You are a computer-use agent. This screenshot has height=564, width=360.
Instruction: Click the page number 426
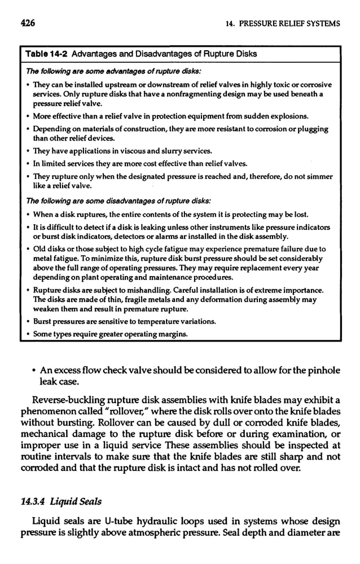(28, 24)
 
